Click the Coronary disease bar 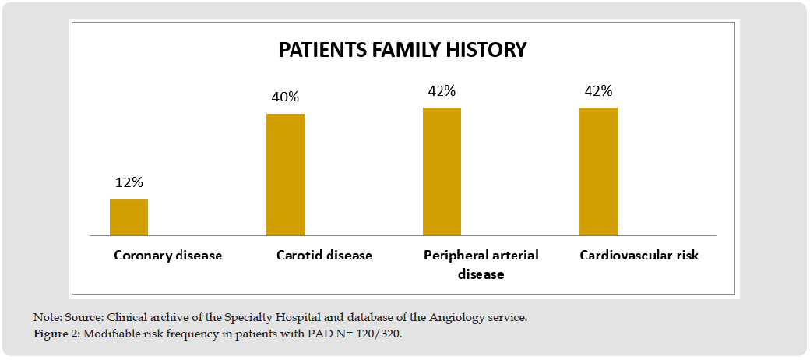tap(129, 217)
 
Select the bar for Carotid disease tap(285, 175)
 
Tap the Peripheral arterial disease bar tap(442, 171)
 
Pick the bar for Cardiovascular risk tap(598, 171)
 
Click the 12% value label tap(129, 183)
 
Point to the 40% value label tap(286, 97)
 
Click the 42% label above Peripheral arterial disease tap(442, 91)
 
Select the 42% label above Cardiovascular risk tap(599, 91)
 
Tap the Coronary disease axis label tap(168, 255)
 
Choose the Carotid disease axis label tap(325, 255)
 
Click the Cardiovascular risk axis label tap(639, 255)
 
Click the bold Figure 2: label tap(57, 334)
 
